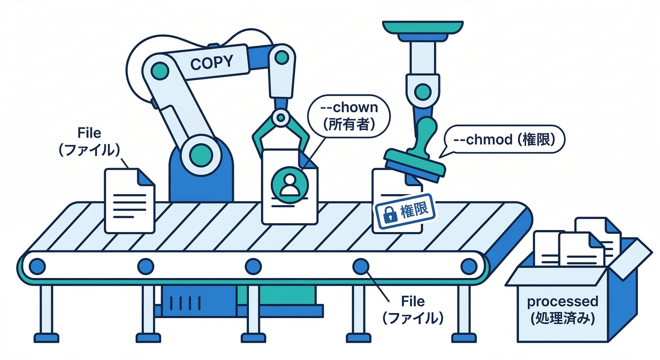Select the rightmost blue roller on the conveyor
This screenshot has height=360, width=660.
(x=468, y=266)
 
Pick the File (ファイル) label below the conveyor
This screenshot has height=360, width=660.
(x=413, y=310)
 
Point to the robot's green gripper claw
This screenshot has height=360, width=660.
(x=280, y=131)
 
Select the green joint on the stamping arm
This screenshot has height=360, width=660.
(x=423, y=91)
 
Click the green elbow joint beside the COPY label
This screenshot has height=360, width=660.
(x=282, y=57)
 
